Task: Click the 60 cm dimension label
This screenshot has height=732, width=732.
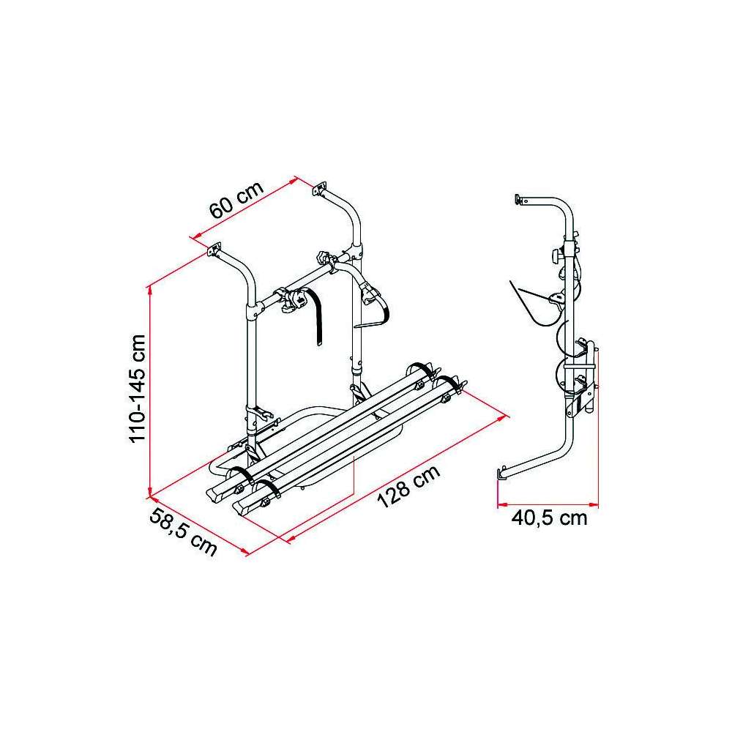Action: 236,199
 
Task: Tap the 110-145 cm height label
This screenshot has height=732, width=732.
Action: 138,389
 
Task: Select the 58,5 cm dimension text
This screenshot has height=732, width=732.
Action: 184,533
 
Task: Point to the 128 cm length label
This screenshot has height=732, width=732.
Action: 408,486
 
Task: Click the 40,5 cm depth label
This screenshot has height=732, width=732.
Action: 549,518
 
